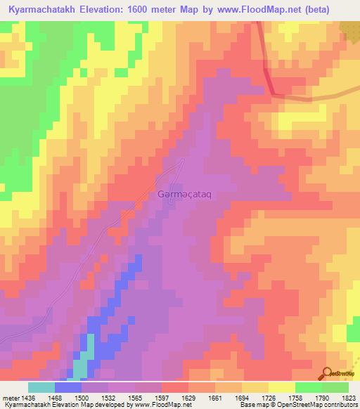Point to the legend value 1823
(x=349, y=398)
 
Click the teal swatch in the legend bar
(x=41, y=387)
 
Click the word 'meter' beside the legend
(x=11, y=398)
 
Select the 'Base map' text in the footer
(x=253, y=405)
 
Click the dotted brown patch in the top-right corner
(x=351, y=28)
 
